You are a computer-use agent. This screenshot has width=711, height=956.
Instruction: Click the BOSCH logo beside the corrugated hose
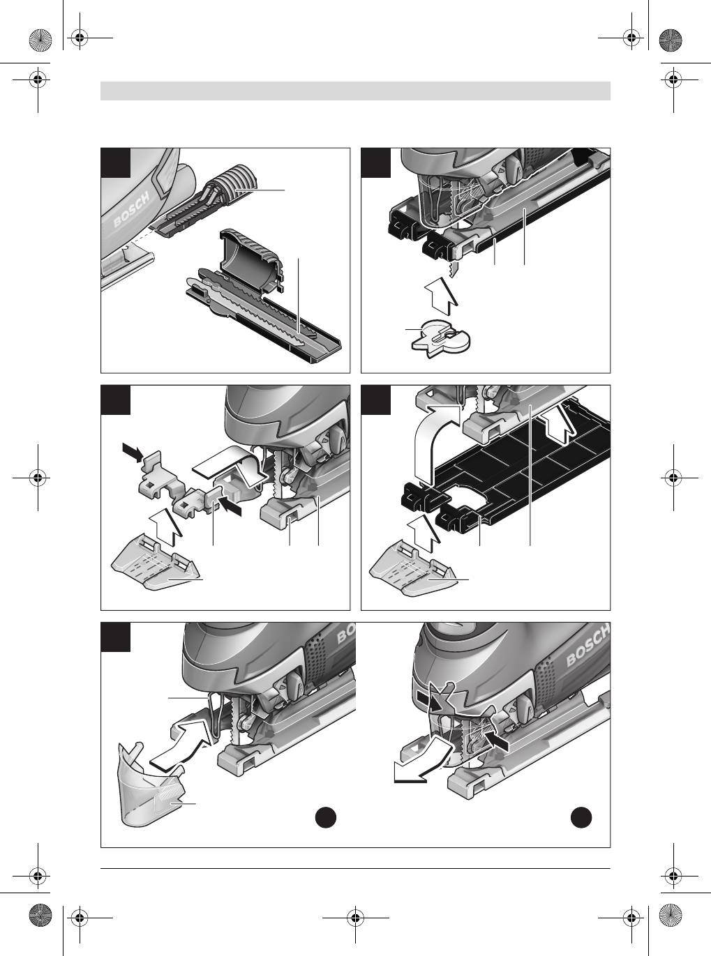pyautogui.click(x=133, y=209)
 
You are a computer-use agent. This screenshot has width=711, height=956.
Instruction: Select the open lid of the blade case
pyautogui.click(x=251, y=259)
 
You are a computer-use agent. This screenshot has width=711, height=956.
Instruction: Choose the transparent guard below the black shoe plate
pyautogui.click(x=413, y=572)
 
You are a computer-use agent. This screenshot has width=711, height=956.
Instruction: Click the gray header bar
pyautogui.click(x=356, y=91)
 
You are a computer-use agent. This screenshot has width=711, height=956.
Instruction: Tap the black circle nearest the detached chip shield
pyautogui.click(x=326, y=817)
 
